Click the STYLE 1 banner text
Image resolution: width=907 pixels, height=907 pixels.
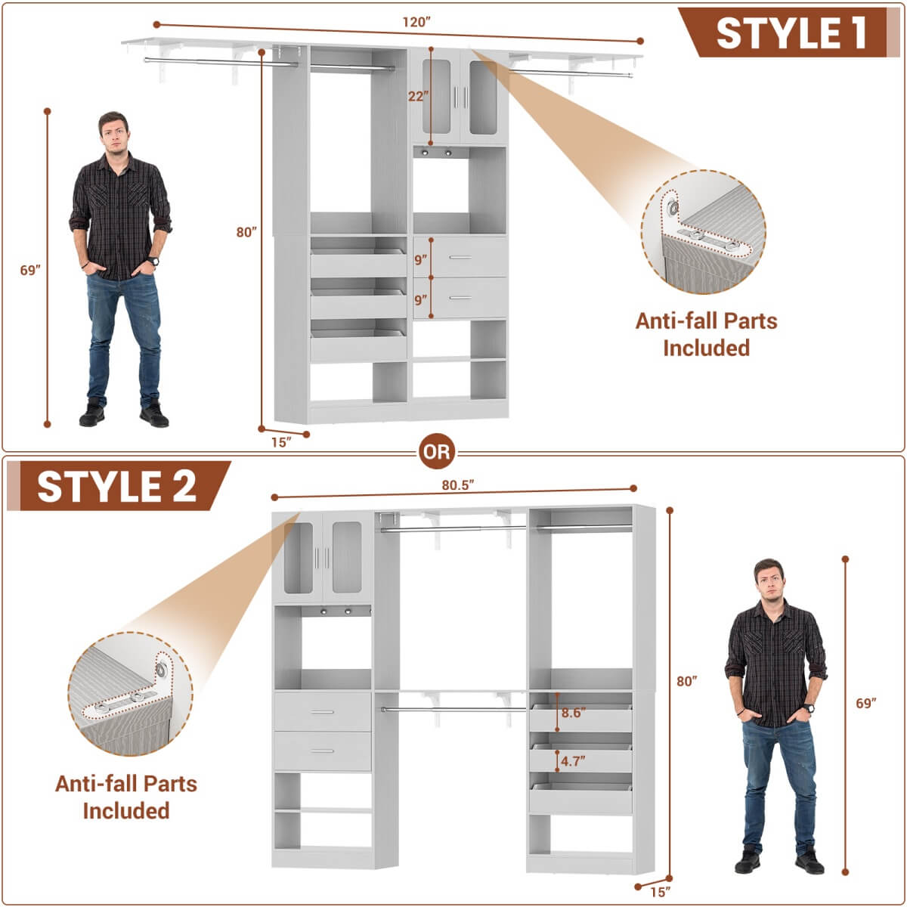[x=790, y=33]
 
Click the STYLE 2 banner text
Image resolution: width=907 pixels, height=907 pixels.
[x=117, y=486]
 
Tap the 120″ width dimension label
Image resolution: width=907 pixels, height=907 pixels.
[x=416, y=22]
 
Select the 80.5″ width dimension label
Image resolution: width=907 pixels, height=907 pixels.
[x=457, y=485]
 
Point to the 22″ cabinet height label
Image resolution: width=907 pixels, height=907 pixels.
[x=418, y=96]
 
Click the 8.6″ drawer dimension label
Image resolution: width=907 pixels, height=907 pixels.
[x=573, y=713]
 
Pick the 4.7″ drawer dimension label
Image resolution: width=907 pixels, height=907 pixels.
[x=573, y=761]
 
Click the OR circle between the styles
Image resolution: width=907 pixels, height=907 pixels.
[x=437, y=452]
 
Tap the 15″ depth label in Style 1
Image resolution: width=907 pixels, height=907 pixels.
[x=281, y=442]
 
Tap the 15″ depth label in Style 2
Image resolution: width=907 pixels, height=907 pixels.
[x=660, y=892]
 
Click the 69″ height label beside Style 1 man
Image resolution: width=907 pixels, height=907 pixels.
[x=30, y=270]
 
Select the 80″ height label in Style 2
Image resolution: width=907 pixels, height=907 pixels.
[x=686, y=681]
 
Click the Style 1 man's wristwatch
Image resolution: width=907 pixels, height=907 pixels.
[x=154, y=262]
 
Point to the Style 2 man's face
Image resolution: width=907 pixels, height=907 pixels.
[x=769, y=580]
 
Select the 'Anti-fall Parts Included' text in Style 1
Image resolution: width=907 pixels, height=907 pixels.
[x=706, y=334]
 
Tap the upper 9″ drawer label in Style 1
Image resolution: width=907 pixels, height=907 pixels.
[x=420, y=260]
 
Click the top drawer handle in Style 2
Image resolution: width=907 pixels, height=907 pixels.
[x=323, y=712]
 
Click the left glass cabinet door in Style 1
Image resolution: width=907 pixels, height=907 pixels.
[x=436, y=97]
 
